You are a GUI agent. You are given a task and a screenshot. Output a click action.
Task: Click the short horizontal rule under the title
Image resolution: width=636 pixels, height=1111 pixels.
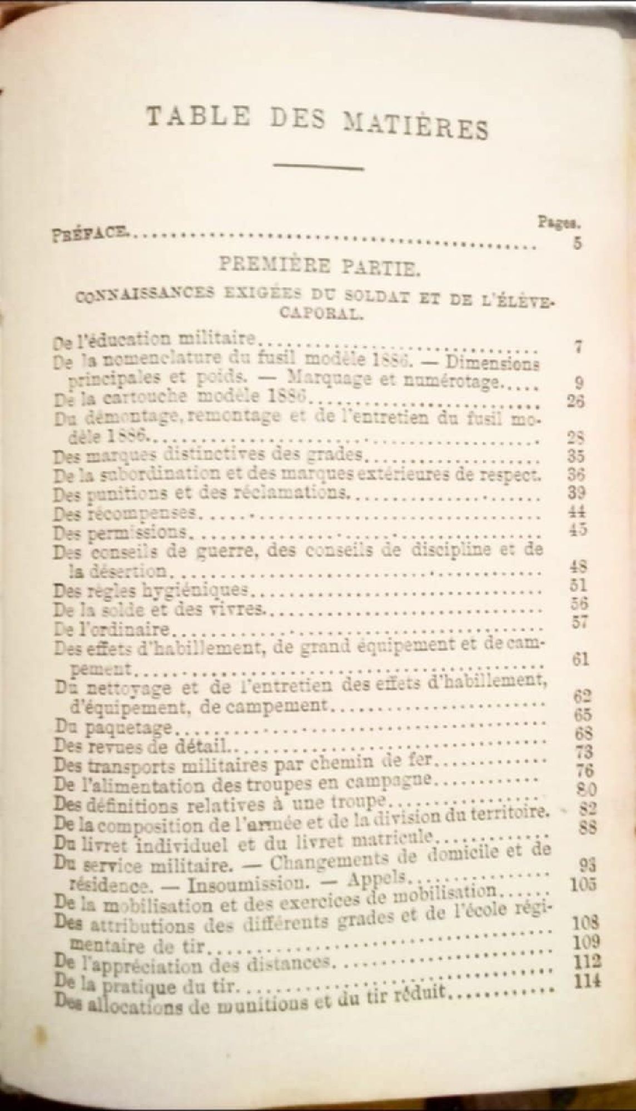(x=319, y=166)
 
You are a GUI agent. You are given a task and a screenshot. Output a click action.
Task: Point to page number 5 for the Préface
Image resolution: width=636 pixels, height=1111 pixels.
(x=577, y=243)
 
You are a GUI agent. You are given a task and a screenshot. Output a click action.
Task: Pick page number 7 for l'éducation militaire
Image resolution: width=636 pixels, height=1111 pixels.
(x=578, y=347)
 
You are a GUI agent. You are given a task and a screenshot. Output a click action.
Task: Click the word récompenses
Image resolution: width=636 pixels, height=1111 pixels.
(x=142, y=512)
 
